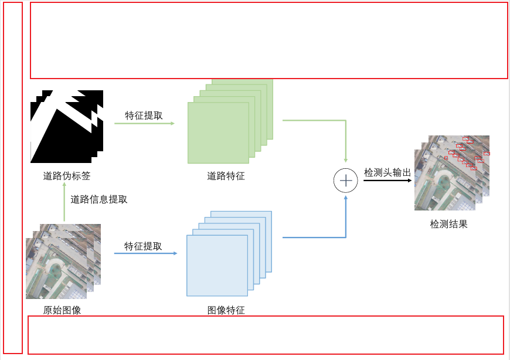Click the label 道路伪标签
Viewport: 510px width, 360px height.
[x=67, y=176]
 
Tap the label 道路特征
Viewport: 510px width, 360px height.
[x=226, y=176]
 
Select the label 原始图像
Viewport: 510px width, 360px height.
[x=62, y=310]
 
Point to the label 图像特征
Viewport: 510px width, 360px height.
[x=226, y=310]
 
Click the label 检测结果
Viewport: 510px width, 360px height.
[x=448, y=224]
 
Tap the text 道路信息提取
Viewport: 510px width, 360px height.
[x=99, y=199]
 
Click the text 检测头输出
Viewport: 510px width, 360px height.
[x=387, y=172]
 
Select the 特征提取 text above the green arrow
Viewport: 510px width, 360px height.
[x=144, y=116]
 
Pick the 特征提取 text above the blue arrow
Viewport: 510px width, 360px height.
[x=143, y=246]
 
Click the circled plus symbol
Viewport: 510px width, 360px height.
[x=346, y=181]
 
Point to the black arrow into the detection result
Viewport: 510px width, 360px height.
[x=387, y=181]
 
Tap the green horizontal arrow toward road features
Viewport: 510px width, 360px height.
[x=144, y=124]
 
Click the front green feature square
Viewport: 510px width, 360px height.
[x=218, y=133]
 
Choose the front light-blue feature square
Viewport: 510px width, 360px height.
[x=217, y=266]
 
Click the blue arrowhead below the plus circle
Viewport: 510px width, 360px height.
[x=346, y=198]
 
